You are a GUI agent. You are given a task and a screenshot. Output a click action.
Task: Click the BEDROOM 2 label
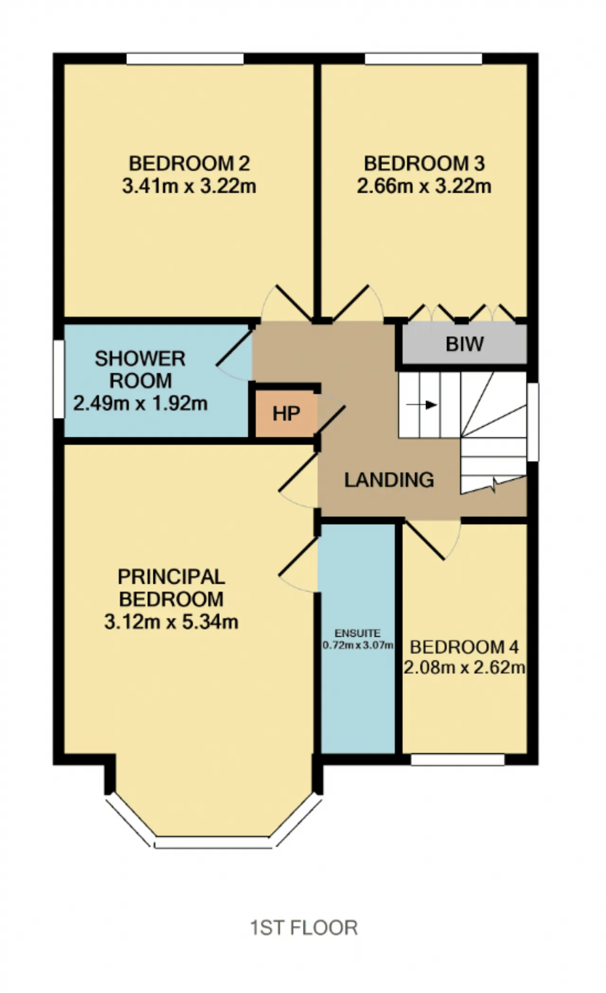click(x=189, y=163)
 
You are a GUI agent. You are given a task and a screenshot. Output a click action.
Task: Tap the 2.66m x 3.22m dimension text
click(x=424, y=186)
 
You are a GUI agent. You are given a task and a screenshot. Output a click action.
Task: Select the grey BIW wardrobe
click(x=464, y=344)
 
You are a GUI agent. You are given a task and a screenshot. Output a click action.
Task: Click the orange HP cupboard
click(x=286, y=414)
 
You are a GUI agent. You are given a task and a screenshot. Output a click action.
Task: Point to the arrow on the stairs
click(x=421, y=405)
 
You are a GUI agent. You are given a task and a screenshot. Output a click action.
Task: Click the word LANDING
click(x=389, y=480)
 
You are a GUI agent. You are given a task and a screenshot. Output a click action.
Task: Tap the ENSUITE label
click(x=357, y=633)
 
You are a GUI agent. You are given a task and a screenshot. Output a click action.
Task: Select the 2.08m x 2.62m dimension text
click(x=464, y=668)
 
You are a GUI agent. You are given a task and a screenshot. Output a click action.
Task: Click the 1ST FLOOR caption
click(x=303, y=928)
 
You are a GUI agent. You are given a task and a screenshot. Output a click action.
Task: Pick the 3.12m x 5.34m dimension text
click(x=171, y=622)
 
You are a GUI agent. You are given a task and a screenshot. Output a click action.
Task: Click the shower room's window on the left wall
click(x=58, y=379)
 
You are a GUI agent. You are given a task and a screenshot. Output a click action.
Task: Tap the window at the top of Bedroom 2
click(x=185, y=59)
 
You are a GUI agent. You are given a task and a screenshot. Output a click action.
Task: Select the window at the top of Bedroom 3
click(x=423, y=59)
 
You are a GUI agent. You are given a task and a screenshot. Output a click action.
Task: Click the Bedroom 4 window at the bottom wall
click(x=457, y=759)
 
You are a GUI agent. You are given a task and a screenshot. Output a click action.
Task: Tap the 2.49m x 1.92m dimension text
click(x=140, y=404)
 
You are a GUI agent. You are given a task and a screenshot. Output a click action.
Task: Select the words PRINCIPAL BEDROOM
click(x=171, y=588)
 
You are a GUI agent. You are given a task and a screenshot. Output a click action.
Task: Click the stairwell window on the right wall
click(x=533, y=422)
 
